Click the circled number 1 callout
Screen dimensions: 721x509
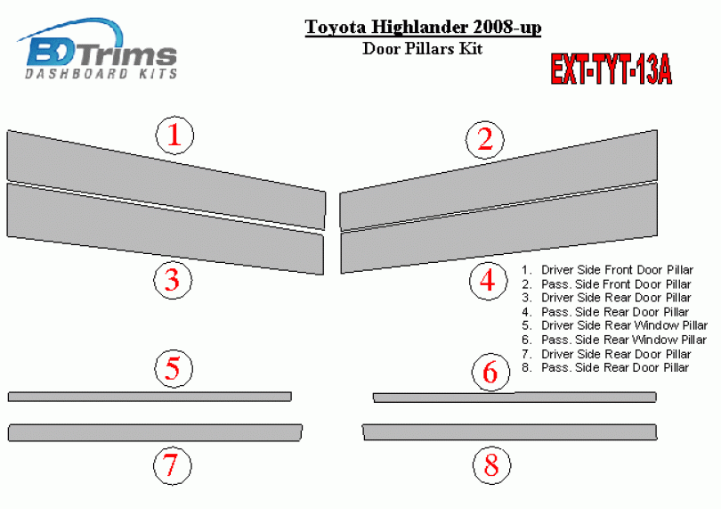point(174,135)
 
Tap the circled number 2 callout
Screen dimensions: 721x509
point(485,140)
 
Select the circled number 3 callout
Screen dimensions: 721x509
point(173,280)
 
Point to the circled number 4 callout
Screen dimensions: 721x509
point(489,281)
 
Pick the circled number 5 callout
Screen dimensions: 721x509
point(174,368)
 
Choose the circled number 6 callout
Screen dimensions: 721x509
point(491,373)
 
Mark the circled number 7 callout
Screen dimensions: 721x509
point(172,465)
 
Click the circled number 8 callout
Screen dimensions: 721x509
point(491,465)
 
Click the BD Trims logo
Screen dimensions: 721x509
point(98,49)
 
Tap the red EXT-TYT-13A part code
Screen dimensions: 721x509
point(612,70)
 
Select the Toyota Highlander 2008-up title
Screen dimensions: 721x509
point(423,27)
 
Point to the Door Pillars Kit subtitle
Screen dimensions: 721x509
point(423,48)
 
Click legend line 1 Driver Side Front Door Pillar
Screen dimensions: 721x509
point(607,270)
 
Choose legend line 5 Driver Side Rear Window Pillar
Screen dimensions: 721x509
point(614,325)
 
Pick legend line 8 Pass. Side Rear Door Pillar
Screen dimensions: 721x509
point(605,367)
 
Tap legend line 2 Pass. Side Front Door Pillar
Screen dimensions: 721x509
point(606,284)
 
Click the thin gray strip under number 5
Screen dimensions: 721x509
point(150,397)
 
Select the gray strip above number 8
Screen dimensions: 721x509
point(509,432)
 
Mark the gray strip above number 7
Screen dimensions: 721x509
point(155,433)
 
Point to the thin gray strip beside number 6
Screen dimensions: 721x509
point(514,397)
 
